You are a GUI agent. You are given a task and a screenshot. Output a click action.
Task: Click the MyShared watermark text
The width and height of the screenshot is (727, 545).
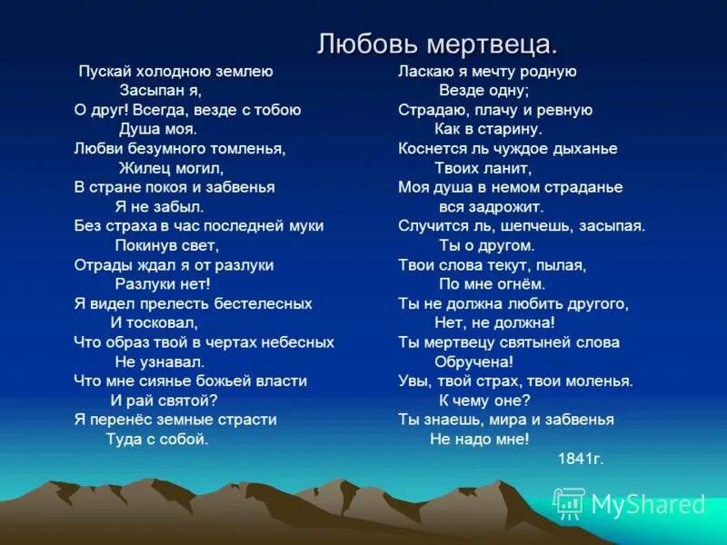tap(648, 505)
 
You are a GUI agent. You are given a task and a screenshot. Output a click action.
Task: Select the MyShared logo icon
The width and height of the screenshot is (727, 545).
tap(570, 503)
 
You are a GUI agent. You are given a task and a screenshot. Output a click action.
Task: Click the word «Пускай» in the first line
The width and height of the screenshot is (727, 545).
tap(103, 71)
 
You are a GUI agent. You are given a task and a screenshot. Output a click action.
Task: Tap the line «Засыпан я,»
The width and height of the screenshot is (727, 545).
tap(160, 90)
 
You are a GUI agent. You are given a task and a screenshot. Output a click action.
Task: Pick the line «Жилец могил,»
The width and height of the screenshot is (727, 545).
tap(170, 167)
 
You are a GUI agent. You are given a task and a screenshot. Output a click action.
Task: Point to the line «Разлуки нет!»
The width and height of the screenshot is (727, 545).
tap(163, 283)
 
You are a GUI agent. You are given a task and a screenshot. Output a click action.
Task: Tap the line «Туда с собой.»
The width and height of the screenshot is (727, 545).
tap(157, 439)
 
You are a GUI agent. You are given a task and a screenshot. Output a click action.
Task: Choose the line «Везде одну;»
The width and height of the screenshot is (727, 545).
tap(483, 90)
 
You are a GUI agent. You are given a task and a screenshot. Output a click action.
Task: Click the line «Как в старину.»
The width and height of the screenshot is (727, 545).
tap(489, 129)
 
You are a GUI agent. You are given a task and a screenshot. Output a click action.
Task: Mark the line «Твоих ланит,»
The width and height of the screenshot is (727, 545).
tap(484, 167)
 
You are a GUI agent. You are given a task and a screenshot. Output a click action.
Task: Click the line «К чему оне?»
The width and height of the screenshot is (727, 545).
tap(484, 400)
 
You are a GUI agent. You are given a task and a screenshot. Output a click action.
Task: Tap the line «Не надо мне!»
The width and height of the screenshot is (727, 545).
tap(479, 439)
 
